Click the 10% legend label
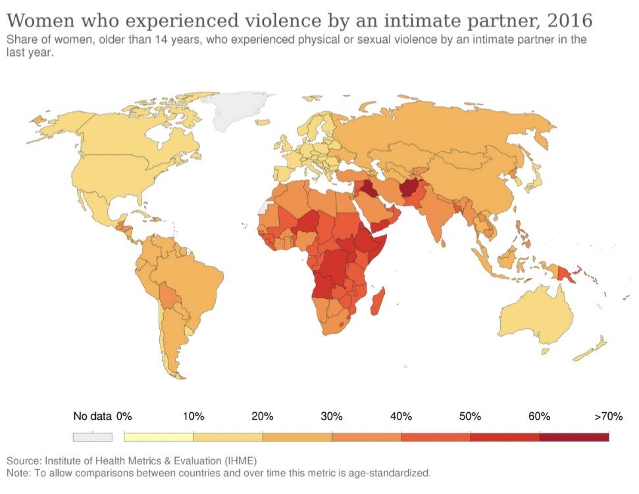193,416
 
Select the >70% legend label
608,416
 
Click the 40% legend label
401,416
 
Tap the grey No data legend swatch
93,437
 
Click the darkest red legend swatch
574,437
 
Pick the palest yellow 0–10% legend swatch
159,437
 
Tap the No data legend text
92,416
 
